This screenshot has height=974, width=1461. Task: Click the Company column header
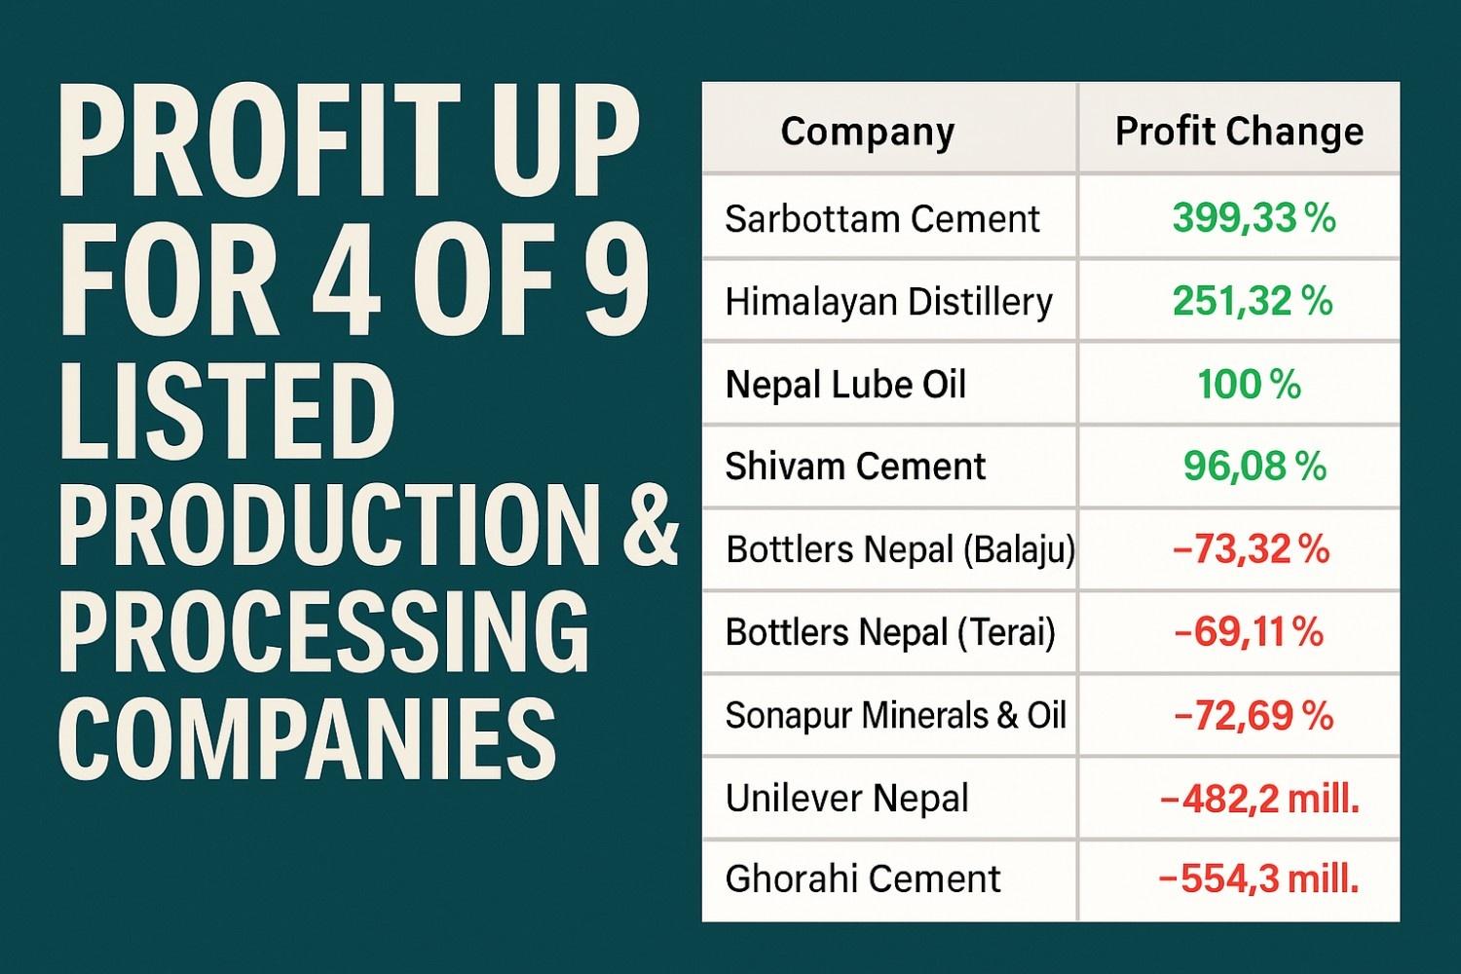pos(867,131)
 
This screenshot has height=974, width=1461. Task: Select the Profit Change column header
pos(1239,131)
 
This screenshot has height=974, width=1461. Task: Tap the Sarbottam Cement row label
pos(882,219)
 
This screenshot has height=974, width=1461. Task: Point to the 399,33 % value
pos(1254,219)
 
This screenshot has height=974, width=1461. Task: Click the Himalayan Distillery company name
pos(888,302)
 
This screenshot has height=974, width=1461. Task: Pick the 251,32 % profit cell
pos(1253,302)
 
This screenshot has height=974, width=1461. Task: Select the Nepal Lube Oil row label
pos(845,385)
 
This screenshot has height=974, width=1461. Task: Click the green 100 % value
pos(1250,385)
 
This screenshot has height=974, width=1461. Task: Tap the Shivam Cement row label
pos(855,467)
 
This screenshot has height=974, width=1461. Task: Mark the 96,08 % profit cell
pos(1255,467)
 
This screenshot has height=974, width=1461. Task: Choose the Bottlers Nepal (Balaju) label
pos(900,550)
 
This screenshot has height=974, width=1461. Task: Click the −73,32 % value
pos(1252,550)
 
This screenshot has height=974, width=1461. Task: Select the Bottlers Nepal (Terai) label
pos(890,633)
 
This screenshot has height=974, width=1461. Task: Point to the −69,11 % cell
pos(1250,633)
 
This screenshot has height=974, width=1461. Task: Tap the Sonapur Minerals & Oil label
pos(896,716)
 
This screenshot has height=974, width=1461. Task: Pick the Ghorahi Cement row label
pos(862,880)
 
